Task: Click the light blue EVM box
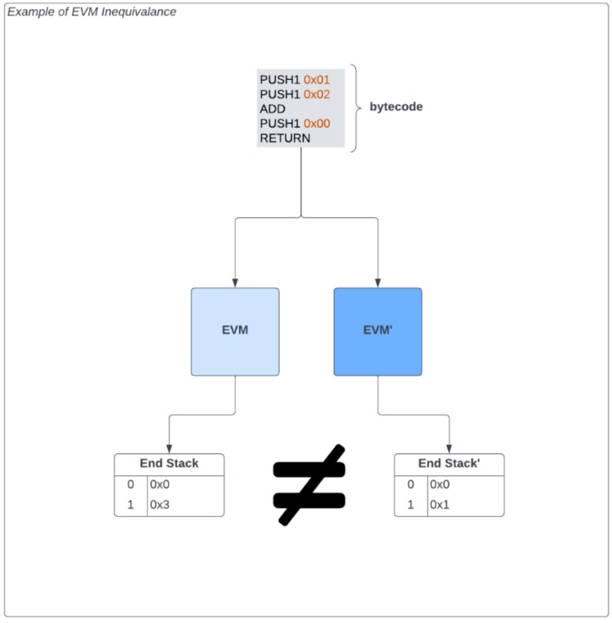pyautogui.click(x=235, y=332)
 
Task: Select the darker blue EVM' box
pyautogui.click(x=378, y=332)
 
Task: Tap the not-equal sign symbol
pyautogui.click(x=308, y=484)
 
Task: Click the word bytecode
pyautogui.click(x=396, y=107)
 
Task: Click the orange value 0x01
pyautogui.click(x=317, y=80)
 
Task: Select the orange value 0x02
pyautogui.click(x=317, y=95)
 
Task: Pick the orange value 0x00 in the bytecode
pyautogui.click(x=317, y=123)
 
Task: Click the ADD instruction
pyautogui.click(x=273, y=109)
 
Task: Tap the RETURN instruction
pyautogui.click(x=285, y=138)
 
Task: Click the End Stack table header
pyautogui.click(x=169, y=463)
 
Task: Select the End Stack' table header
pyautogui.click(x=449, y=463)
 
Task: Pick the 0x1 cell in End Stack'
pyautogui.click(x=439, y=505)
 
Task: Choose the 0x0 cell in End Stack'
pyautogui.click(x=439, y=484)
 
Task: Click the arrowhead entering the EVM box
pyautogui.click(x=235, y=283)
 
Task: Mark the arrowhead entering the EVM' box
pyautogui.click(x=378, y=283)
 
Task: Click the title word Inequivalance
pyautogui.click(x=139, y=12)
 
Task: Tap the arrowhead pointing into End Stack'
pyautogui.click(x=449, y=448)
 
